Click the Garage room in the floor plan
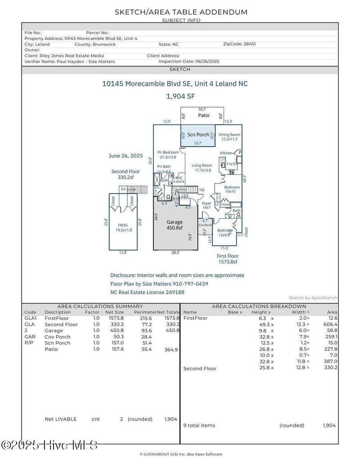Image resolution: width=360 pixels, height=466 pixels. click(175, 224)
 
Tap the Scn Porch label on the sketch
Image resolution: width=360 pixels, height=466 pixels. click(198, 134)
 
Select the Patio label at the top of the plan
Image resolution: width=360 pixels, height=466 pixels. click(203, 116)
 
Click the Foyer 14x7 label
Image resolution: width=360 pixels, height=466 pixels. click(206, 206)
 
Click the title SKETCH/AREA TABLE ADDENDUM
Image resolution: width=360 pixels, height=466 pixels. click(181, 12)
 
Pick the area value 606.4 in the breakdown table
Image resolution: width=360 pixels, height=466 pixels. click(330, 324)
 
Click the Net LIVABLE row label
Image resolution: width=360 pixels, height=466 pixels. click(61, 419)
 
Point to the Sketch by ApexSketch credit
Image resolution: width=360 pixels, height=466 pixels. click(313, 298)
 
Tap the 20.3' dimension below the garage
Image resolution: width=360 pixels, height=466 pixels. click(175, 253)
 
